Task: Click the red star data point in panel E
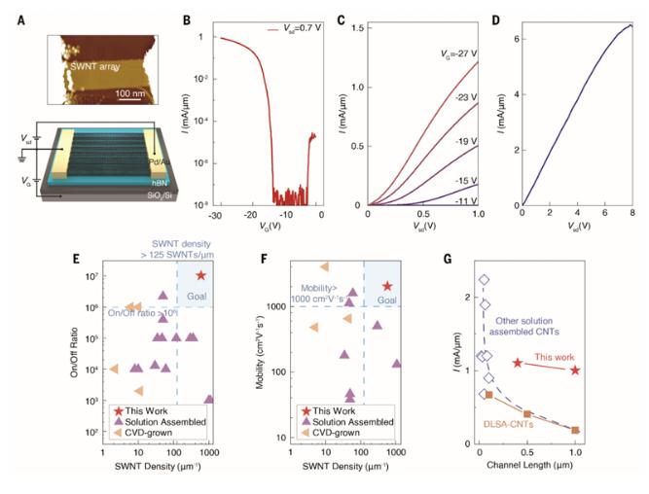coord(201,276)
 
